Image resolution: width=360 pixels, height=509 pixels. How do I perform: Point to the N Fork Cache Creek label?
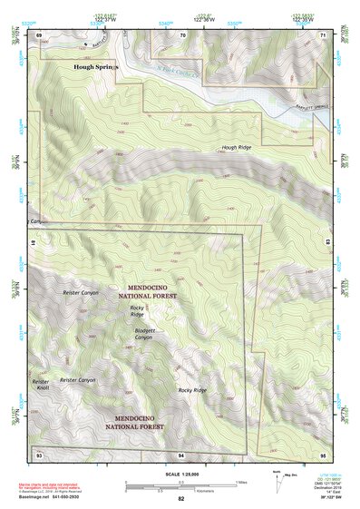coord(178,74)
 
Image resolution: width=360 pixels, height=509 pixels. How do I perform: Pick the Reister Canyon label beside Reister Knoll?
coord(77,379)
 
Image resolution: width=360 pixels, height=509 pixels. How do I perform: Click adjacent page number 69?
coord(39,34)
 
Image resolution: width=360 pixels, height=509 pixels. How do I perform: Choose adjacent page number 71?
coord(324,34)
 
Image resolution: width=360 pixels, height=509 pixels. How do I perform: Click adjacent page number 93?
coord(39,453)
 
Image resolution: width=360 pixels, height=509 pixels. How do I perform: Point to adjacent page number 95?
coord(324,453)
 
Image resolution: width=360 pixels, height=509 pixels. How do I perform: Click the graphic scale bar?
coord(180,484)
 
